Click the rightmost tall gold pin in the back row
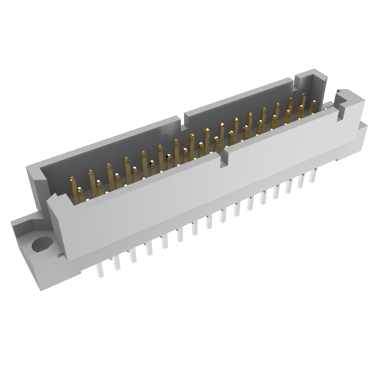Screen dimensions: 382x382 coord(303,103)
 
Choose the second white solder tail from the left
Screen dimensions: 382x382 coord(116,263)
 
